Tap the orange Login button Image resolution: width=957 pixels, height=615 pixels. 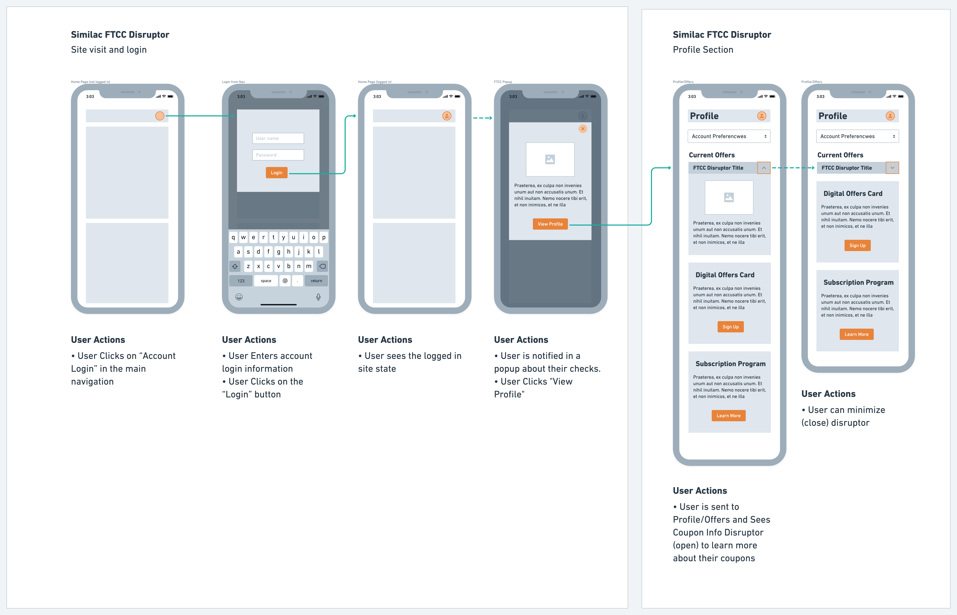pos(276,172)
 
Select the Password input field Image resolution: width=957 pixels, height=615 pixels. pos(278,155)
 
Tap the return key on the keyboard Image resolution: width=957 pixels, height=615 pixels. pos(316,281)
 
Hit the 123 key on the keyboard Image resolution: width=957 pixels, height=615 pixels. pos(241,281)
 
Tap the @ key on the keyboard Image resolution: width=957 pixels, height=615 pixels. pos(285,281)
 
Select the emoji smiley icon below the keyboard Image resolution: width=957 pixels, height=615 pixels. pos(239,297)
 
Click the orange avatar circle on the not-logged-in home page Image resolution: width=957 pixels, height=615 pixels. pos(160,116)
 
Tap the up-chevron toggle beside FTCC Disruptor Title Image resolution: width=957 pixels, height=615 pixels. pos(764,168)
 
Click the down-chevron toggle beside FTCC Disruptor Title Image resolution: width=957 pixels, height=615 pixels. pos(892,168)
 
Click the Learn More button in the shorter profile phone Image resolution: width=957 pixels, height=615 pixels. pos(856,334)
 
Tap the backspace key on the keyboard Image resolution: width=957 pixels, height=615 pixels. pos(322,266)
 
